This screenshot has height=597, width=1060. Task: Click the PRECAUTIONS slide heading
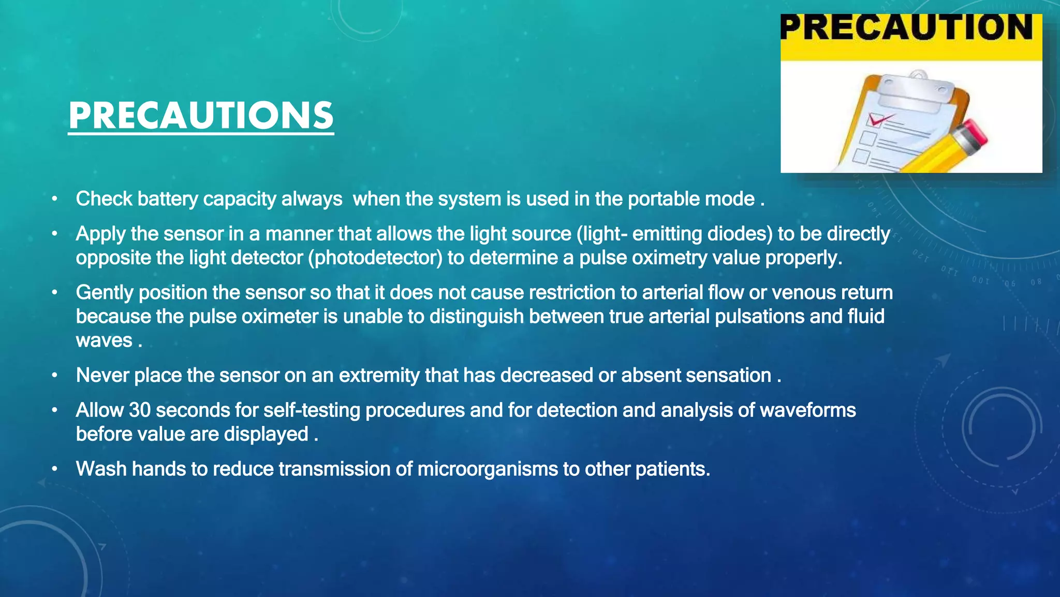click(x=201, y=116)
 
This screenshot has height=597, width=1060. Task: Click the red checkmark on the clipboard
click(x=878, y=120)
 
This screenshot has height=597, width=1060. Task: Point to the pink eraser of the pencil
click(x=973, y=134)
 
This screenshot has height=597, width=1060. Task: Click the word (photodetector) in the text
click(x=375, y=258)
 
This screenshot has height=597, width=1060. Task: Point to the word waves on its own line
click(x=104, y=340)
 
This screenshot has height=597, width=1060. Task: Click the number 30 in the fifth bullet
click(x=139, y=410)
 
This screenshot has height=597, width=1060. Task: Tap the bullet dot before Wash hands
click(x=54, y=470)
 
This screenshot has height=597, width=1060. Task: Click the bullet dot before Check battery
click(x=54, y=200)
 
